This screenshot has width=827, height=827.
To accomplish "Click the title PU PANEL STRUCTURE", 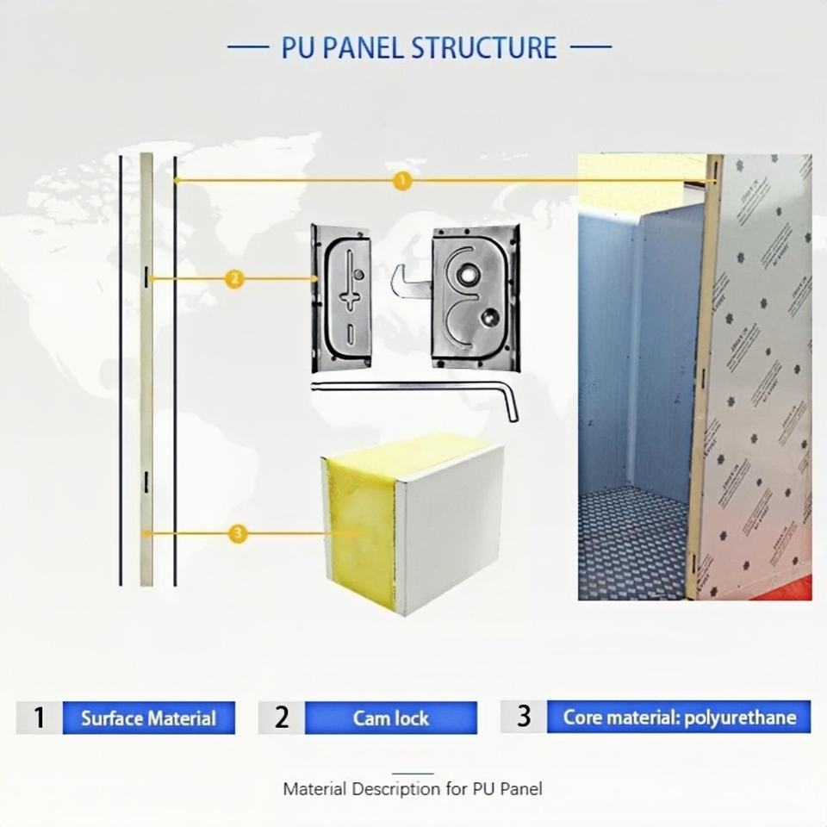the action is pos(419,47).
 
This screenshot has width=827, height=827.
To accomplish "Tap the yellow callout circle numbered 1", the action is pos(401,181).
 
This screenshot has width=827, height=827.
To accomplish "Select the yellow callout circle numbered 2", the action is pos(234,278).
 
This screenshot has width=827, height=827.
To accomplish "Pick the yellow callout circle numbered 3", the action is pos(239,534).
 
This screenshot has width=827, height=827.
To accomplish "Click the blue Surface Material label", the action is pos(148,718).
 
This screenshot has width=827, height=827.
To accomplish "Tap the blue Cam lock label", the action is pos(390,718).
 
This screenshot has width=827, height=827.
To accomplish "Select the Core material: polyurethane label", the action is pos(679,717).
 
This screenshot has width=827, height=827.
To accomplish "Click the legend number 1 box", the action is pos(39,718).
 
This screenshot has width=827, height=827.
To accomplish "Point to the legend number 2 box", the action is pos(281,718).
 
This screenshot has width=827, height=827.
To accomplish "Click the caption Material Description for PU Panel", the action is pos(413,788).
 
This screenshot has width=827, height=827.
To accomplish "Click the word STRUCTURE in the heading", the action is pos(483,47).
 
